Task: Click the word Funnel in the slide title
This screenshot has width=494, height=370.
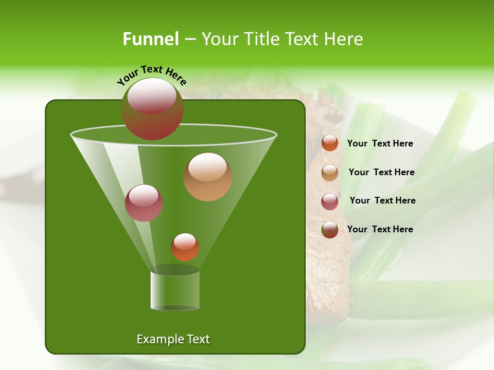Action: pyautogui.click(x=150, y=39)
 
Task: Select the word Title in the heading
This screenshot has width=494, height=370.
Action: pyautogui.click(x=261, y=39)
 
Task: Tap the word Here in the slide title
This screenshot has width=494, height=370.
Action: pyautogui.click(x=345, y=39)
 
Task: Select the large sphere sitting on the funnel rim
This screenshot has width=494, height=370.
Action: pyautogui.click(x=152, y=109)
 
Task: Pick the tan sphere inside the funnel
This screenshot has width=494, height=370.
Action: pyautogui.click(x=208, y=177)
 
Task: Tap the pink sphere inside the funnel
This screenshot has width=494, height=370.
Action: pyautogui.click(x=144, y=203)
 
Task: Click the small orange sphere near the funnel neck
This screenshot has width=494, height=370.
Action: pyautogui.click(x=185, y=247)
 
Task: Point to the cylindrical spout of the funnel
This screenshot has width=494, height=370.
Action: pyautogui.click(x=174, y=290)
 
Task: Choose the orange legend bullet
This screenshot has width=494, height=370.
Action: pyautogui.click(x=330, y=143)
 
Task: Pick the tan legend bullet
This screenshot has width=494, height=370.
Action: pyautogui.click(x=330, y=172)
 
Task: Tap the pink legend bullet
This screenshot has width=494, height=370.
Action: pyautogui.click(x=330, y=201)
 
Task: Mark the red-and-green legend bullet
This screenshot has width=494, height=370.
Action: pyautogui.click(x=330, y=230)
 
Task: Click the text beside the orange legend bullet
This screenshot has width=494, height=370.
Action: pyautogui.click(x=380, y=143)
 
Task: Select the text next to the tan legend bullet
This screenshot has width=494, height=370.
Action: pyautogui.click(x=381, y=172)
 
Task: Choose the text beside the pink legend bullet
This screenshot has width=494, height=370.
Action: pyautogui.click(x=382, y=200)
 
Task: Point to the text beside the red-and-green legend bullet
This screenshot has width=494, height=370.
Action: pyautogui.click(x=380, y=229)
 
